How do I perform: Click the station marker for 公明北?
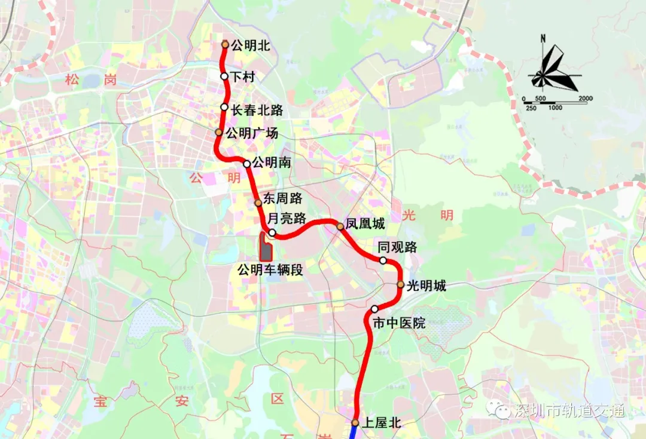[x=225, y=44]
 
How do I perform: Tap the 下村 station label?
[x=243, y=76]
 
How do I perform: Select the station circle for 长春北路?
[x=224, y=108]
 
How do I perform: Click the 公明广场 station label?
[x=252, y=133]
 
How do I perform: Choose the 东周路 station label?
[x=282, y=199]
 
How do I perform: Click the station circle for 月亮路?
[x=272, y=233]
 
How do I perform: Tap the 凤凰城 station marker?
[x=340, y=226]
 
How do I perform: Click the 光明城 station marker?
[x=401, y=285]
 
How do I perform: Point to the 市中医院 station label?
[x=399, y=323]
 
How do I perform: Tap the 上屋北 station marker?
[x=355, y=423]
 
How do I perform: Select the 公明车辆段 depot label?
[x=270, y=269]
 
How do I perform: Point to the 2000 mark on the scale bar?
[x=586, y=99]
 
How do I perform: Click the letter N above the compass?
[x=543, y=39]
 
